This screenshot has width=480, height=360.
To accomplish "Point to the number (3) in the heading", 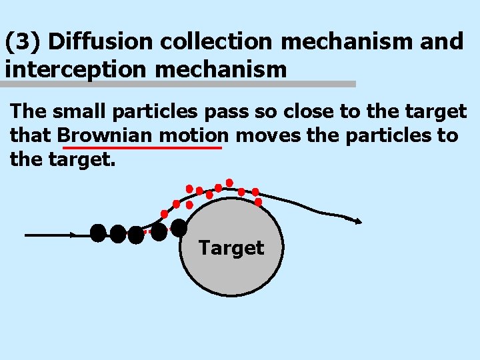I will point(24,42).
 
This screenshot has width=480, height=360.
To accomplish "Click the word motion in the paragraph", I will point(194,135).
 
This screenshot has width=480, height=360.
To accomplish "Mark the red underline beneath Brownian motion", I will point(141,148).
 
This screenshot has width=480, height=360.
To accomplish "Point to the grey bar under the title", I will point(178,85).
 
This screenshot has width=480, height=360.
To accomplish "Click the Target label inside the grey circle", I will point(231,248).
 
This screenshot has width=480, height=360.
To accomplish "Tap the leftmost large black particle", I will point(98,233).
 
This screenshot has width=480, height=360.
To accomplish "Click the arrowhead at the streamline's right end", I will point(358,221).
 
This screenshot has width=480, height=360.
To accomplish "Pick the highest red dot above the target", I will point(229,182).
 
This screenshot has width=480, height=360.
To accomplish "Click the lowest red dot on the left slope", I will point(164,214).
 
